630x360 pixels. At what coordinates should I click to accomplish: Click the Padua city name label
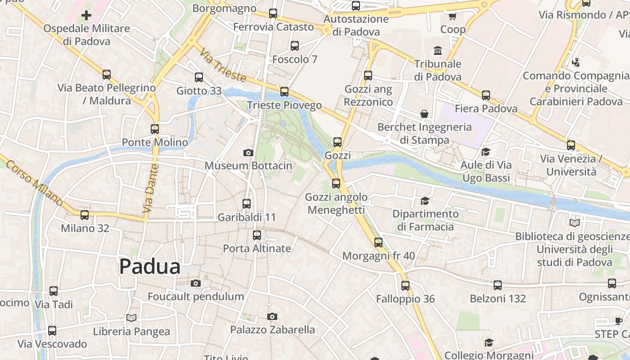(x=150, y=266)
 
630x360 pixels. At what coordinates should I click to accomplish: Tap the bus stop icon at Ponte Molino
(x=155, y=129)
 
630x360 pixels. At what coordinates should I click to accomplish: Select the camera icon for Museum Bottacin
(x=248, y=153)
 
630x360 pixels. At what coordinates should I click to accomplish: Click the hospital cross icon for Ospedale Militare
(x=86, y=16)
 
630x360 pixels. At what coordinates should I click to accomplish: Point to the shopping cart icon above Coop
(x=452, y=16)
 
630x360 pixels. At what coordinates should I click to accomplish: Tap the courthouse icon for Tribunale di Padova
(x=437, y=50)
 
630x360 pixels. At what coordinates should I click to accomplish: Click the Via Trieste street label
(x=223, y=65)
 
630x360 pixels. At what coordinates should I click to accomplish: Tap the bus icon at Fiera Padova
(x=486, y=95)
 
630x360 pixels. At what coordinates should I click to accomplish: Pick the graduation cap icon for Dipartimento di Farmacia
(x=425, y=201)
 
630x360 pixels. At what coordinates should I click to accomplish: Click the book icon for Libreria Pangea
(x=131, y=318)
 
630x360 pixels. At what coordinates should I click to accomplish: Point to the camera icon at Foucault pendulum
(x=195, y=283)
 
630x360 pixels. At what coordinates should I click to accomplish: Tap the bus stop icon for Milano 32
(x=85, y=215)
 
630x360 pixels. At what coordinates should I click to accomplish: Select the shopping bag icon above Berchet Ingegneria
(x=424, y=114)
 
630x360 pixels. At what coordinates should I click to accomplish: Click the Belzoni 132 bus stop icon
(x=497, y=285)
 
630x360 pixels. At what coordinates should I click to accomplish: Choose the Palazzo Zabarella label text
(x=272, y=330)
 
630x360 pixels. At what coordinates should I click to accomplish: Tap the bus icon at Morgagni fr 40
(x=378, y=243)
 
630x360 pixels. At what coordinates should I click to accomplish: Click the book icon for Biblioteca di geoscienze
(x=575, y=223)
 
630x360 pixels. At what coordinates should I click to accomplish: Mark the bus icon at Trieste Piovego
(x=284, y=92)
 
